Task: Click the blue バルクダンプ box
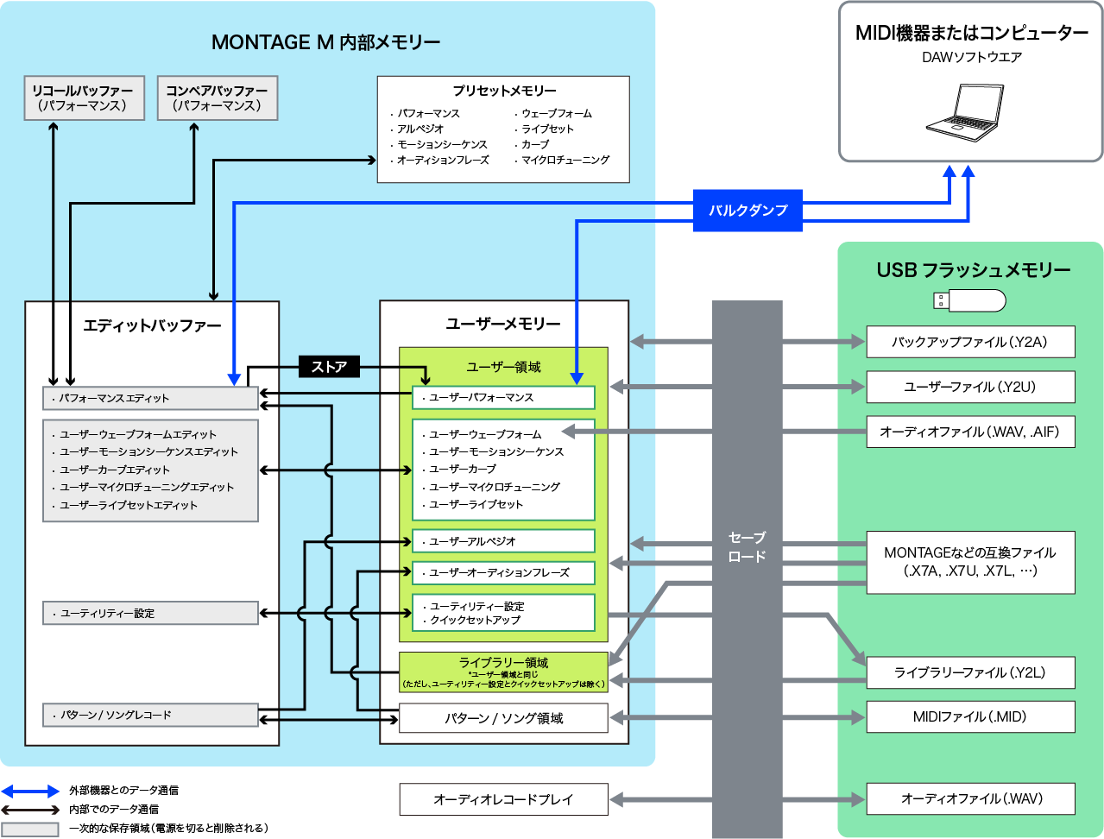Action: [748, 211]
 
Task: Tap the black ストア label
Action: [329, 367]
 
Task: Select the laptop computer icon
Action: [965, 109]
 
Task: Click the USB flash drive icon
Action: [969, 300]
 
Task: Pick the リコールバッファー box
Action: [83, 98]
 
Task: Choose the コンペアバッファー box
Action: [217, 98]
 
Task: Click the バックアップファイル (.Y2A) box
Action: [970, 342]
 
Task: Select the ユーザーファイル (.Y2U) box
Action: [970, 387]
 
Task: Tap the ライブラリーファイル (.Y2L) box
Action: [970, 672]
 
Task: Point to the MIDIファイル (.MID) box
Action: [970, 716]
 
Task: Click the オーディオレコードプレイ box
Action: [503, 799]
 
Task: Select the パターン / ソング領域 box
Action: [503, 718]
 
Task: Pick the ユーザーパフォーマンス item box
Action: [503, 397]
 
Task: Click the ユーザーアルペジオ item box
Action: [503, 541]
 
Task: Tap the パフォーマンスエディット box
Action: [150, 398]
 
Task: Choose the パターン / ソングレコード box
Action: [150, 715]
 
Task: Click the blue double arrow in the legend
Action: [30, 791]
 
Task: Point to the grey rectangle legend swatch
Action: [30, 829]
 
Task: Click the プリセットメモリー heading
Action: [504, 91]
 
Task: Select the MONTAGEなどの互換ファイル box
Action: [970, 562]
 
